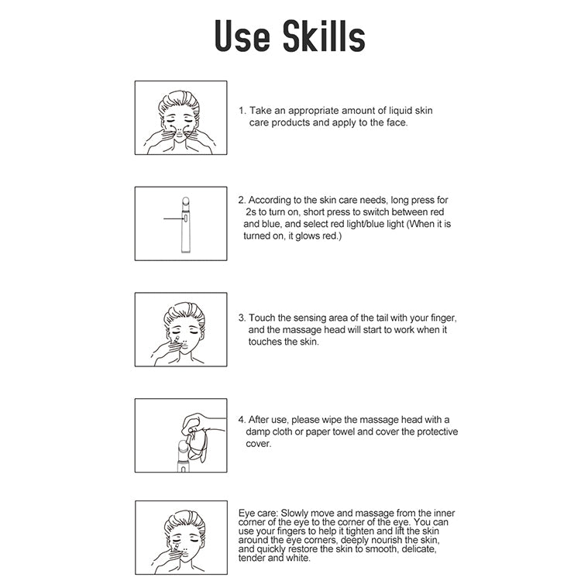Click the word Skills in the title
[324, 36]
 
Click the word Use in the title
[242, 36]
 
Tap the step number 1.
[242, 111]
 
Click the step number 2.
[242, 200]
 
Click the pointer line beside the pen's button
[174, 218]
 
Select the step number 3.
[242, 318]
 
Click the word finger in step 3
[443, 318]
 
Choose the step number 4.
[242, 420]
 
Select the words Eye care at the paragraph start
[257, 513]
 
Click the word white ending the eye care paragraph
[297, 558]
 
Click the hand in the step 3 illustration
[167, 349]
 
